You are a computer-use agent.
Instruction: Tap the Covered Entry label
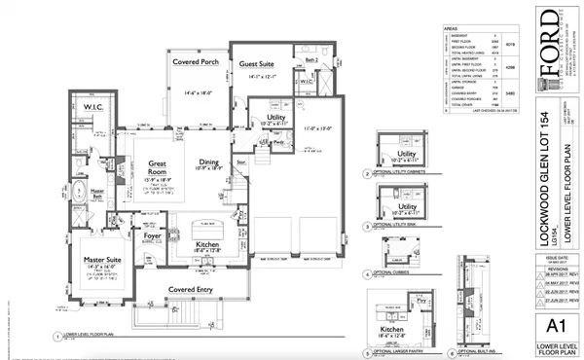[190, 289]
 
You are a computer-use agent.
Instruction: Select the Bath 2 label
[311, 61]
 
